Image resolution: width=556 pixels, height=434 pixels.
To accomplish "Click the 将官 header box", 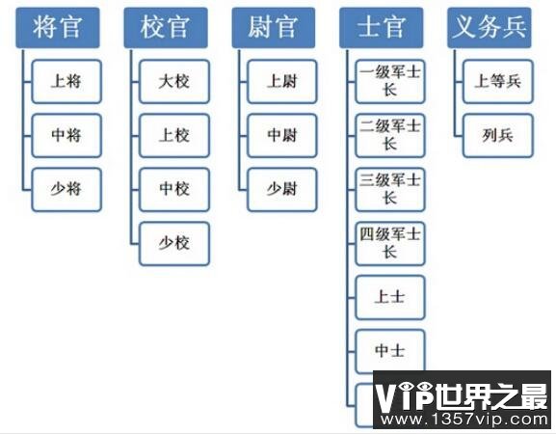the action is pyautogui.click(x=58, y=28).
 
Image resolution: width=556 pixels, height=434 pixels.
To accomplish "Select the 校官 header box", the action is pyautogui.click(x=166, y=28).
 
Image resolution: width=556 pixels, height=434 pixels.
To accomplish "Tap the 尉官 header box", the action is pyautogui.click(x=274, y=28).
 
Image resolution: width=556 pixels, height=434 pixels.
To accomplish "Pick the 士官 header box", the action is pyautogui.click(x=382, y=28).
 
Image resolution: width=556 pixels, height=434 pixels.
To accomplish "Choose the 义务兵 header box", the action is pyautogui.click(x=490, y=28).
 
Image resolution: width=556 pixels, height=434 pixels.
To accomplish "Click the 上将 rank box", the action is pyautogui.click(x=66, y=82).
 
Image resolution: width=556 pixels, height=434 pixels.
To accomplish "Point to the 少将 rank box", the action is pyautogui.click(x=66, y=190).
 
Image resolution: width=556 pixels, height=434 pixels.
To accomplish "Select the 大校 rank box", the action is pyautogui.click(x=174, y=82).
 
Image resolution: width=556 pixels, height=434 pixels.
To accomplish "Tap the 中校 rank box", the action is pyautogui.click(x=174, y=190).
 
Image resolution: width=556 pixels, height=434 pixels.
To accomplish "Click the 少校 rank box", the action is pyautogui.click(x=174, y=244).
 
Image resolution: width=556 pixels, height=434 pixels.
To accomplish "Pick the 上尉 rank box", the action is pyautogui.click(x=282, y=82).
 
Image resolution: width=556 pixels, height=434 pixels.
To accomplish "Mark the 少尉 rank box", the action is pyautogui.click(x=282, y=190).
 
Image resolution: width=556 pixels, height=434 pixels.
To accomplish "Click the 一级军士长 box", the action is pyautogui.click(x=390, y=82).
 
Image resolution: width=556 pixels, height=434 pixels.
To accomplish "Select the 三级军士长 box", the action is pyautogui.click(x=390, y=190).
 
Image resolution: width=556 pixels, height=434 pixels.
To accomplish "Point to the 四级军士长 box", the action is pyautogui.click(x=390, y=244).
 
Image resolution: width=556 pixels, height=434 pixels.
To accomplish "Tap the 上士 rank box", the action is pyautogui.click(x=390, y=298).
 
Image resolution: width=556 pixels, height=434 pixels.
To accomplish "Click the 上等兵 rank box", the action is pyautogui.click(x=498, y=82).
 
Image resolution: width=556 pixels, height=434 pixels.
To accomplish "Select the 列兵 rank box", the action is pyautogui.click(x=498, y=136).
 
